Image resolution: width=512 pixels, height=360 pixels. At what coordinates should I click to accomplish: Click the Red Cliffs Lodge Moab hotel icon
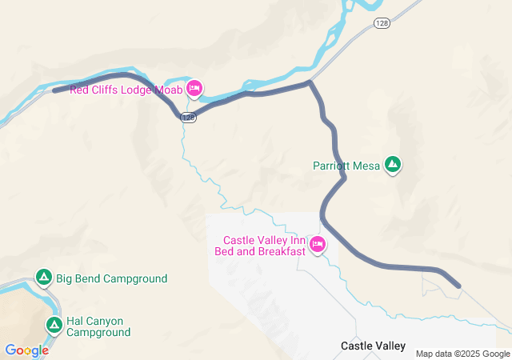(194, 87)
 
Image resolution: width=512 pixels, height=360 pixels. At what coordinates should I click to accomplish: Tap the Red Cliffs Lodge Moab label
(126, 89)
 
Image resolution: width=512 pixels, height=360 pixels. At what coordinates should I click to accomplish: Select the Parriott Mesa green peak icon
(393, 165)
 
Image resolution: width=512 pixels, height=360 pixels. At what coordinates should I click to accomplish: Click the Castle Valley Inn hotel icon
(318, 245)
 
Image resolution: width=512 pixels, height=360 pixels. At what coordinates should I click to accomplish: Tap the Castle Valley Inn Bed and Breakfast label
(261, 246)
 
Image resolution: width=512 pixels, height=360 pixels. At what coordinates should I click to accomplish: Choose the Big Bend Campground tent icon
(45, 278)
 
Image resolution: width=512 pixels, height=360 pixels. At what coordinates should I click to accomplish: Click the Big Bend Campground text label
(111, 279)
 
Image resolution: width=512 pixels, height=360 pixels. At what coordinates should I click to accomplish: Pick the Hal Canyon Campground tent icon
(54, 325)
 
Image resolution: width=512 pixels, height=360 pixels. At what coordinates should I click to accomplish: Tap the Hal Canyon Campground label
(98, 326)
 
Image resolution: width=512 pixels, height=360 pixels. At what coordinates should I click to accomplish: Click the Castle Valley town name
(373, 346)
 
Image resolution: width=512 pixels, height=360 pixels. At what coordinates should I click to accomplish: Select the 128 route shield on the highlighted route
(188, 118)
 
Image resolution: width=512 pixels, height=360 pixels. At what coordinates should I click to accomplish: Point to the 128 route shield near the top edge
(382, 26)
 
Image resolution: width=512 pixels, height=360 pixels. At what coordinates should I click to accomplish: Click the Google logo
(26, 350)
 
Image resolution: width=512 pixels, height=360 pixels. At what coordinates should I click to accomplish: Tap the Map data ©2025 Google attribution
(462, 354)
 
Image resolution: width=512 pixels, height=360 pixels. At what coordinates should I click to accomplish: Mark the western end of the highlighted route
(54, 90)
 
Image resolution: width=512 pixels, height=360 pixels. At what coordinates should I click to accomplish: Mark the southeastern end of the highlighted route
(458, 286)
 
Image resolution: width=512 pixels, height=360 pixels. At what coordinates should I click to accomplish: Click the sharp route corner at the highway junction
(310, 82)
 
